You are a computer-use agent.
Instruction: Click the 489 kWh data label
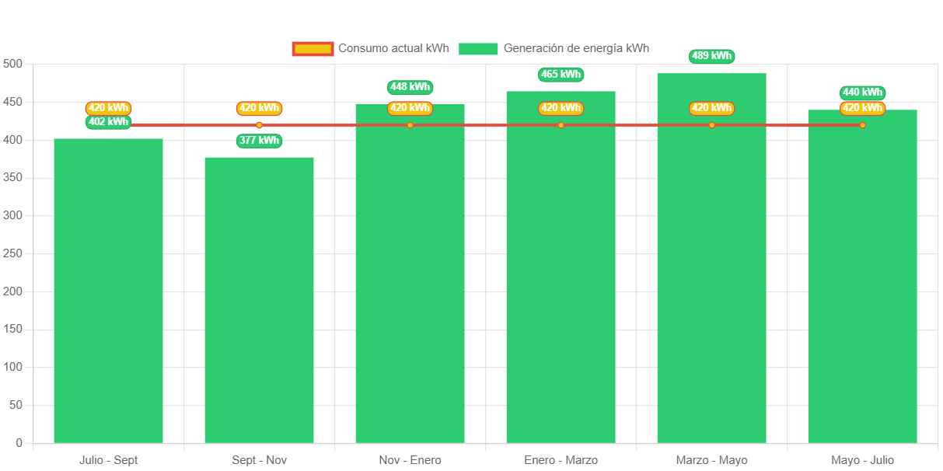pyautogui.click(x=711, y=56)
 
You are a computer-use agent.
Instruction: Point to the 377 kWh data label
pyautogui.click(x=259, y=141)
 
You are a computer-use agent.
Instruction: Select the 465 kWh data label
pyautogui.click(x=561, y=75)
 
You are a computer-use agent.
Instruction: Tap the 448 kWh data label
pyautogui.click(x=410, y=87)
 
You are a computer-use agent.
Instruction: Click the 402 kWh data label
pyautogui.click(x=108, y=122)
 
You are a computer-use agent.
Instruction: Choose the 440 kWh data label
pyautogui.click(x=862, y=92)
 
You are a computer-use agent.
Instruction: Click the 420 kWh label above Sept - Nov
pyautogui.click(x=259, y=108)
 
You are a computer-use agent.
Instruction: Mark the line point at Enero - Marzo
pyautogui.click(x=561, y=125)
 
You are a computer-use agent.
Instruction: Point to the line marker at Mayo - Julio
pyautogui.click(x=862, y=125)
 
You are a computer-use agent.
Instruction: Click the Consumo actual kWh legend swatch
pyautogui.click(x=313, y=49)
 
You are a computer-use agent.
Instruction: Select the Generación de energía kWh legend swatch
pyautogui.click(x=478, y=49)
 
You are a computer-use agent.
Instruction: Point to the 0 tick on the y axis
pyautogui.click(x=19, y=443)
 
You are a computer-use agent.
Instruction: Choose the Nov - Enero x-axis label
pyautogui.click(x=410, y=460)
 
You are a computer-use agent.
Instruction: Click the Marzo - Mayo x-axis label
pyautogui.click(x=711, y=460)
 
